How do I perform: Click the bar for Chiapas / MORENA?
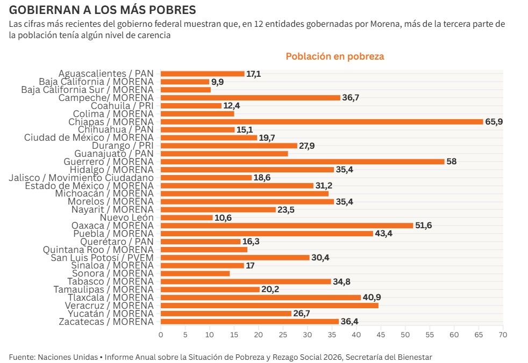322,122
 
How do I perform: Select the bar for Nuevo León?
187,217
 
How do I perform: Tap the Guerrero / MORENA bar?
302,162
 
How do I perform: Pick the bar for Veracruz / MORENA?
269,306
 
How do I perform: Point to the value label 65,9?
494,122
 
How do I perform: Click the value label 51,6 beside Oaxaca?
423,226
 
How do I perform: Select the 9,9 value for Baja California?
217,82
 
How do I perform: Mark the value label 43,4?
383,234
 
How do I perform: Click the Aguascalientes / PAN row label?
106,74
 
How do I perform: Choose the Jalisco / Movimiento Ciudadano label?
81,178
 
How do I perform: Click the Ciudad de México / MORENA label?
89,137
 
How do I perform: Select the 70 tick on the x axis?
503,335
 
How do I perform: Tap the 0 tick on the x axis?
161,335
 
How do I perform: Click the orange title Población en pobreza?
334,56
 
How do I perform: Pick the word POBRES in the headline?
171,10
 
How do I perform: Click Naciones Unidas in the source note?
67,357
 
